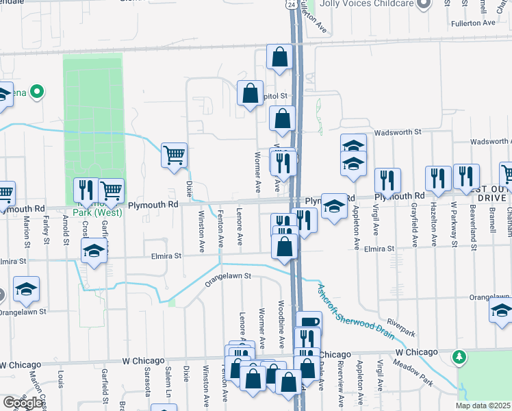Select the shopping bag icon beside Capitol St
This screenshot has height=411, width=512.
pos(251,92)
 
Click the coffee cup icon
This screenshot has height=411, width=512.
pos(309,322)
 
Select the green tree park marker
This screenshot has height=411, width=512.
pos(460,357)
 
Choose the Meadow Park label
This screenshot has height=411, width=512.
pos(426,374)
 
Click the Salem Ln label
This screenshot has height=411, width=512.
pos(167,384)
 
